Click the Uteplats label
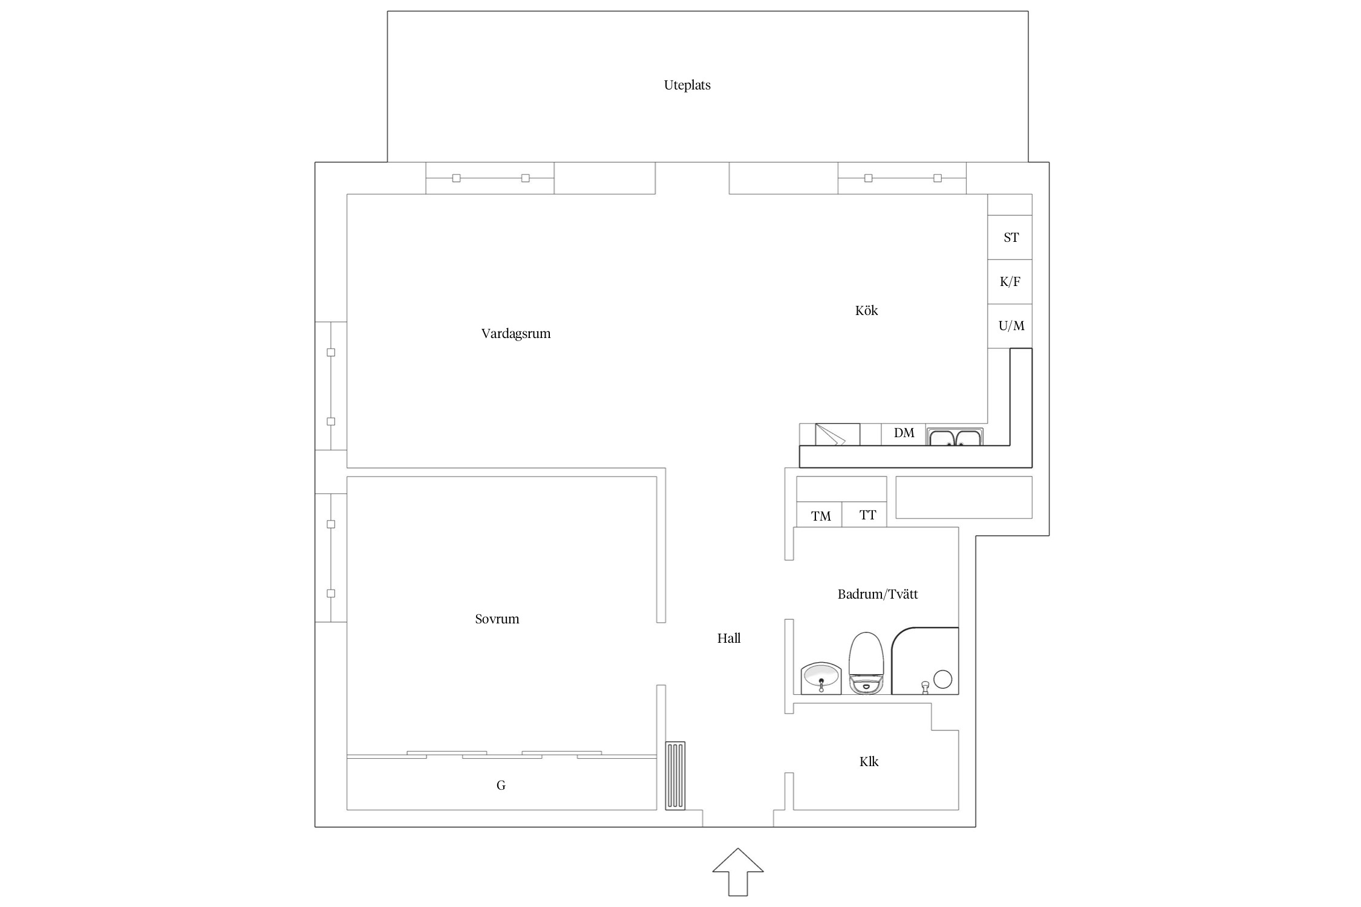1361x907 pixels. click(687, 85)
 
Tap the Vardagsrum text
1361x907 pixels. click(516, 334)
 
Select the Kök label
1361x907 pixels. click(866, 310)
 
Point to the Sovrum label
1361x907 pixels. click(497, 619)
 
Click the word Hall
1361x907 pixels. click(729, 638)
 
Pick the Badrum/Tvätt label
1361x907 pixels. click(878, 594)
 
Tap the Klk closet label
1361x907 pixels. click(869, 761)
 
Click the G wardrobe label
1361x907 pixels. click(501, 785)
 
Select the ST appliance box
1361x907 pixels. click(1010, 238)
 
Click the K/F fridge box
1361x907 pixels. click(1010, 282)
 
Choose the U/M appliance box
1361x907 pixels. click(1010, 326)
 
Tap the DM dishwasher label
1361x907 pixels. click(904, 433)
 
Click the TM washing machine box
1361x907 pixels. click(819, 514)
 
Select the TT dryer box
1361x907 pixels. click(864, 514)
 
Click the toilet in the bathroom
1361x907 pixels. click(867, 663)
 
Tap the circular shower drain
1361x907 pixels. click(942, 679)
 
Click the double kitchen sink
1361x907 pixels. click(955, 437)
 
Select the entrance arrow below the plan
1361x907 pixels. click(738, 871)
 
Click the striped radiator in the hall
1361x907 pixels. click(675, 776)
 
